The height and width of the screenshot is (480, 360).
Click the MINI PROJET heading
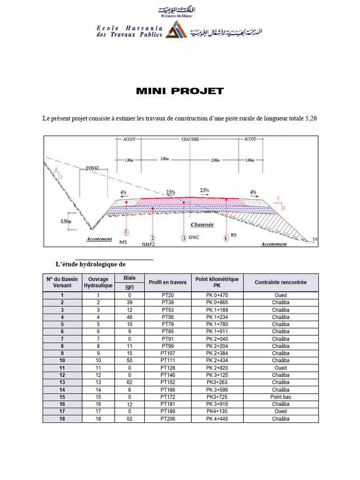pyautogui.click(x=180, y=91)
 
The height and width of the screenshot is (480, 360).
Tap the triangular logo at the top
pyautogui.click(x=177, y=31)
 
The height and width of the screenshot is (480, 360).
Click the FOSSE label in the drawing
pyautogui.click(x=92, y=167)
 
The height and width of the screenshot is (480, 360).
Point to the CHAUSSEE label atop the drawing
pyautogui.click(x=190, y=139)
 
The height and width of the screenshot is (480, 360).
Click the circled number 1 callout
pyautogui.click(x=127, y=232)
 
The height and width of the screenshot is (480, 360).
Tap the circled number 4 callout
pyautogui.click(x=226, y=238)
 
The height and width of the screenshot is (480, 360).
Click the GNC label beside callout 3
pyautogui.click(x=194, y=237)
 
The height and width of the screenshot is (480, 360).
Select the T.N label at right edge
pyautogui.click(x=315, y=240)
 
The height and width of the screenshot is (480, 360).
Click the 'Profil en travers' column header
pyautogui.click(x=167, y=282)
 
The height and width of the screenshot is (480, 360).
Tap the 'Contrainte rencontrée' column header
pyautogui.click(x=280, y=282)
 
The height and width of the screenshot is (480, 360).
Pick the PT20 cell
pyautogui.click(x=167, y=295)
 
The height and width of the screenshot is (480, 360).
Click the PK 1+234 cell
pyautogui.click(x=217, y=317)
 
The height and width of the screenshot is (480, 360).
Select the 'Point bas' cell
pyautogui.click(x=280, y=397)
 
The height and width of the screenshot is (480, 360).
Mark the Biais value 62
pyautogui.click(x=129, y=382)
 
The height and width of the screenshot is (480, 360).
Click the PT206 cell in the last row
pyautogui.click(x=167, y=419)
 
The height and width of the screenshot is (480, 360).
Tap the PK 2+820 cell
pyautogui.click(x=217, y=368)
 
